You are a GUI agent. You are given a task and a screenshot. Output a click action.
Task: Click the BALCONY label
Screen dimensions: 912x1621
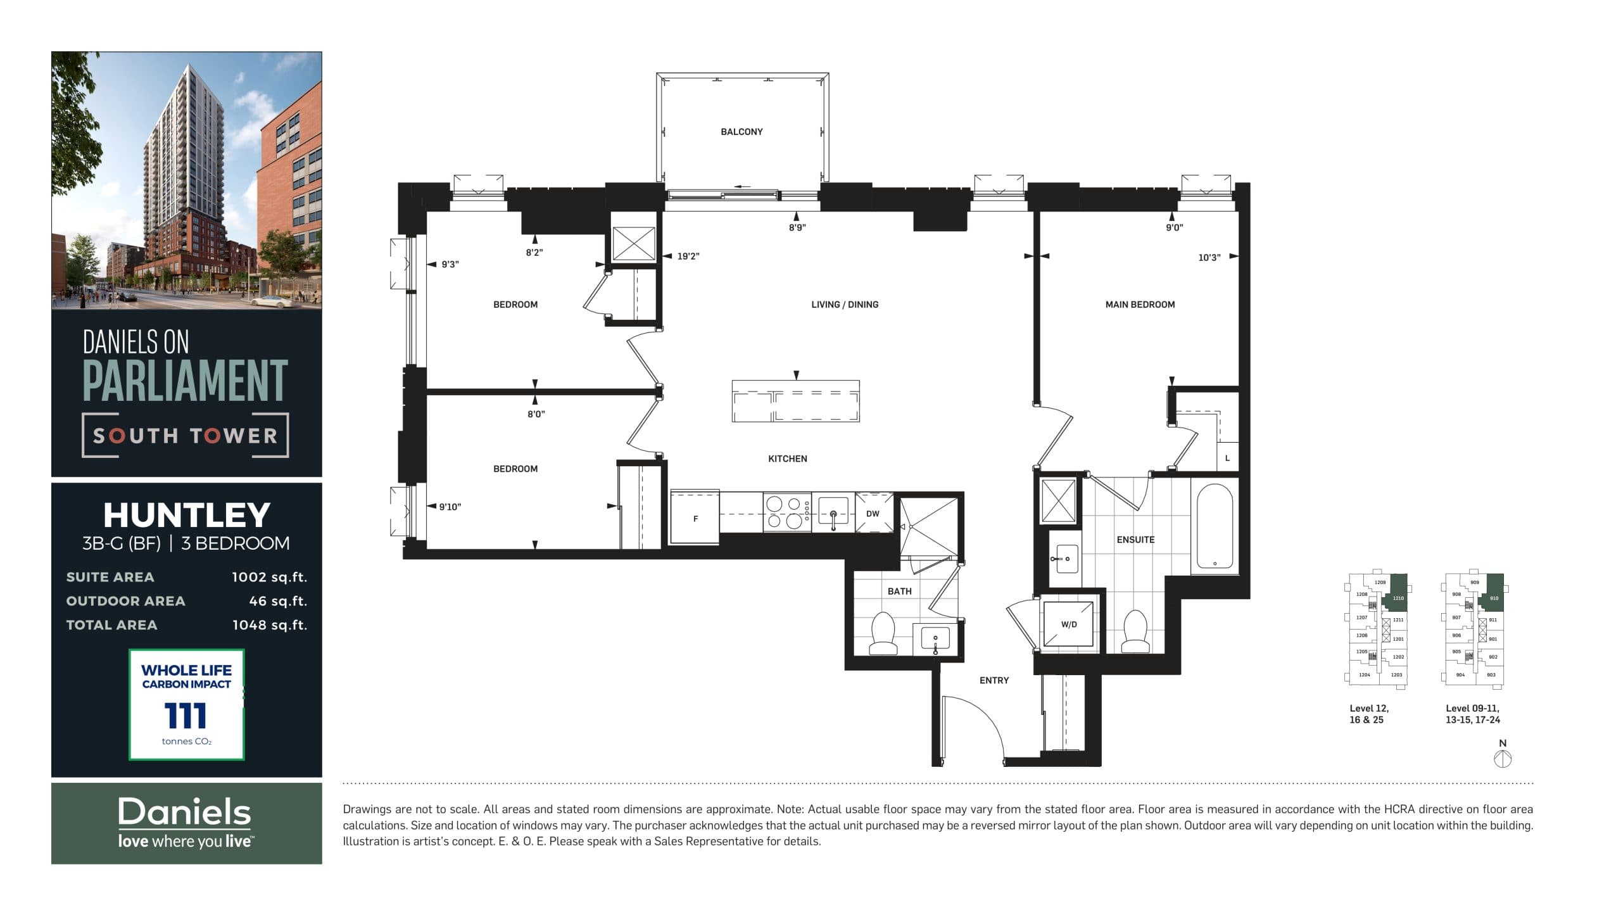tap(741, 132)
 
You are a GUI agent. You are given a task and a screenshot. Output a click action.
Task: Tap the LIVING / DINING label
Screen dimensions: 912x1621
tap(845, 305)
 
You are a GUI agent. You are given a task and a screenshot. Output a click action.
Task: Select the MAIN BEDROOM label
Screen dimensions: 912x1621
tap(1140, 305)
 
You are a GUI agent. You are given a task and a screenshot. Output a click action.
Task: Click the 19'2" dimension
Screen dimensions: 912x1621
tap(688, 256)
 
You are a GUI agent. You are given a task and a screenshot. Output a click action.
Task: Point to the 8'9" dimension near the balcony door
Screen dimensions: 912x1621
tap(797, 227)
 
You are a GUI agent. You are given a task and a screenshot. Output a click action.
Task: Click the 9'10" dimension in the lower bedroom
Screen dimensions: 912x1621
tap(450, 507)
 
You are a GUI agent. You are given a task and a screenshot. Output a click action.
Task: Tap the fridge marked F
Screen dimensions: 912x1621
tap(695, 518)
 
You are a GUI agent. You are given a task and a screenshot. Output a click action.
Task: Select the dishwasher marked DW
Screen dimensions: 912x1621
tap(873, 514)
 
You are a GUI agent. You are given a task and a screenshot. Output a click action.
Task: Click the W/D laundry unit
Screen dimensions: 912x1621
tap(1069, 624)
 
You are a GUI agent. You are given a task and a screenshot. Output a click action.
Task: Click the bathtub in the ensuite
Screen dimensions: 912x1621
tap(1214, 526)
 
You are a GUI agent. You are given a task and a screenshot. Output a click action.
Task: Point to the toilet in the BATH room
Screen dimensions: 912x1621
tap(883, 633)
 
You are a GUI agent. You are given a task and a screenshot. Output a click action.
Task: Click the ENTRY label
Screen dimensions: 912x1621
tap(994, 680)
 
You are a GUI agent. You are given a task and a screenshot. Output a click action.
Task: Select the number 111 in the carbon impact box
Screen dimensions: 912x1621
tap(186, 716)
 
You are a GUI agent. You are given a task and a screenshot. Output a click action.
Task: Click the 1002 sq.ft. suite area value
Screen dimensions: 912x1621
tap(269, 577)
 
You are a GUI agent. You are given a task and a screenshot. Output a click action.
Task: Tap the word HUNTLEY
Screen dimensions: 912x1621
tap(187, 515)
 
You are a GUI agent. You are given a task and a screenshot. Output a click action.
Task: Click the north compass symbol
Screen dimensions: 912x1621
tap(1503, 759)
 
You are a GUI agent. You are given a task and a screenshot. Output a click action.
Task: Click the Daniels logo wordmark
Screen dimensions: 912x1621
tap(185, 813)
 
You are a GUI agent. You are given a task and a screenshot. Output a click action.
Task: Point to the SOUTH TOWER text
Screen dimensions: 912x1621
tap(186, 436)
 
